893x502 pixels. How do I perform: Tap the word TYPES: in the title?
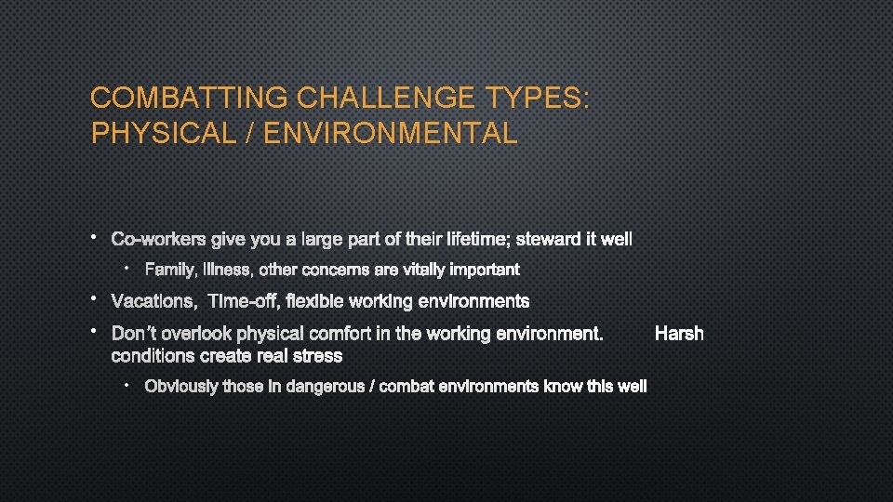click(537, 98)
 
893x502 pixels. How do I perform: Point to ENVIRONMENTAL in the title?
click(391, 134)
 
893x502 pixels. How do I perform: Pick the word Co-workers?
click(159, 240)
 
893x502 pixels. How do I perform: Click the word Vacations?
click(153, 301)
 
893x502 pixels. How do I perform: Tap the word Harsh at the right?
click(679, 333)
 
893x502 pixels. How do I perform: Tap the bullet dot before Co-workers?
click(95, 239)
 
